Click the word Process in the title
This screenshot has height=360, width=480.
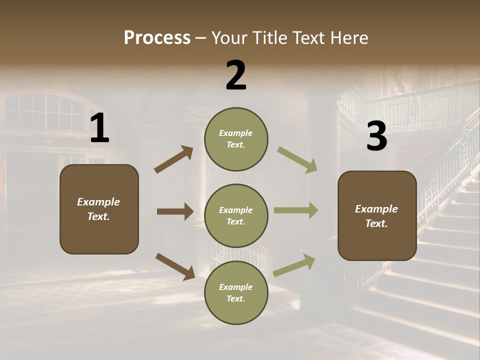click(x=157, y=38)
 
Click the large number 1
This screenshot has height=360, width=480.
click(x=99, y=129)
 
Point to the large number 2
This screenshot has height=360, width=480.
click(x=236, y=75)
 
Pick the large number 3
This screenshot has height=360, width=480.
click(x=376, y=136)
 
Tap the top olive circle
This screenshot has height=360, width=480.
click(x=236, y=139)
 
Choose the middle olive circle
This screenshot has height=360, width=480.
click(x=236, y=215)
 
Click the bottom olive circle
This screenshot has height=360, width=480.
click(x=236, y=292)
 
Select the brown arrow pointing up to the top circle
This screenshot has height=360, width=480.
click(x=174, y=159)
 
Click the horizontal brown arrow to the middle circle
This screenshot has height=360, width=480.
click(x=175, y=211)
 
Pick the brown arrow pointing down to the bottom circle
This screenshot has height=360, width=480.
click(x=175, y=266)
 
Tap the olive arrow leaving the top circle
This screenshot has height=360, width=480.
click(x=297, y=160)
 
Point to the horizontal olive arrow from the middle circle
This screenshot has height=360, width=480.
click(x=296, y=210)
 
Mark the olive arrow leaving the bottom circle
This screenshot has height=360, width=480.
click(x=294, y=265)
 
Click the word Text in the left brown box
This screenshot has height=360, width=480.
click(x=98, y=216)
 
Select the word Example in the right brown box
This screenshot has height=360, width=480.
click(x=376, y=209)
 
